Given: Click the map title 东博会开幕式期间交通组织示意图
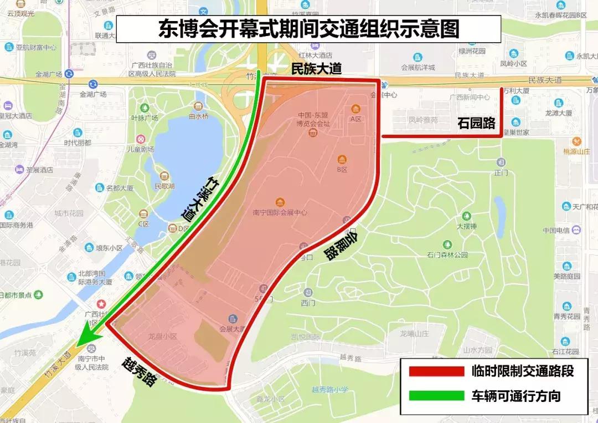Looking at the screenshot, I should click(x=308, y=29).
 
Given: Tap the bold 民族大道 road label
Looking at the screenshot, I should click(x=317, y=69).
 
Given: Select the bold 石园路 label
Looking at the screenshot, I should click(x=476, y=123).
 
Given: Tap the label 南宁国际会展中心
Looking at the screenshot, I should click(x=280, y=212).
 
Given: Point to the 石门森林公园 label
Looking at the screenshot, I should click(x=447, y=255).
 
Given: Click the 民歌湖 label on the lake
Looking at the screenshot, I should click(x=164, y=186).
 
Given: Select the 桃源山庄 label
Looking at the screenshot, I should click(x=577, y=152).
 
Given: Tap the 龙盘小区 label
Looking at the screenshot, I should click(x=162, y=337).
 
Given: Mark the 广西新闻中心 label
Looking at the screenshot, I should click(x=470, y=98).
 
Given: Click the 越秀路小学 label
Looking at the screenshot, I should click(x=330, y=389).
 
